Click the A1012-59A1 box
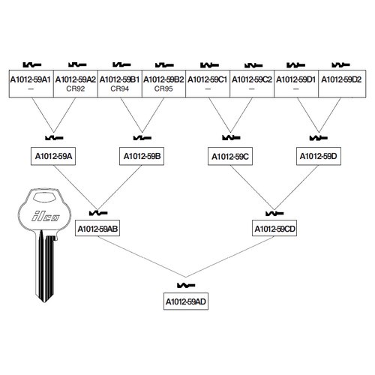point(31,84)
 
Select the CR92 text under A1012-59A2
point(76,88)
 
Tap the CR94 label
point(120,88)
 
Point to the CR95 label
point(163,88)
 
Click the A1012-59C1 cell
point(208,84)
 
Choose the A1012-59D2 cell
point(342,84)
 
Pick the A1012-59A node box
point(53,156)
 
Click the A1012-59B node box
point(142,156)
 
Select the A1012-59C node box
point(230,156)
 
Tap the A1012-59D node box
point(319,156)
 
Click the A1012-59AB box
point(97,228)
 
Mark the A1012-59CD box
point(274,228)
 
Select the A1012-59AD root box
point(186,301)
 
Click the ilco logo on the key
point(46,216)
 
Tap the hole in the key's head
point(45,197)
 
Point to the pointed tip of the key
point(44,302)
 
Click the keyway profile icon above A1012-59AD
point(186,285)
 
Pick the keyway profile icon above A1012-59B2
point(164,65)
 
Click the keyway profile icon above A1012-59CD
point(274,213)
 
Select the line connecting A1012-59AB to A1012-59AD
point(142,256)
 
